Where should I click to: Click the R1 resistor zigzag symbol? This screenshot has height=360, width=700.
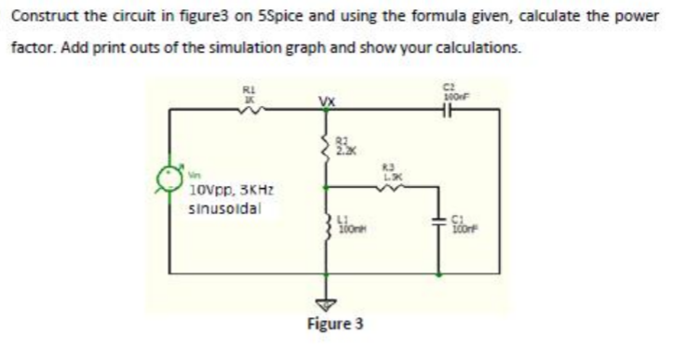point(250,110)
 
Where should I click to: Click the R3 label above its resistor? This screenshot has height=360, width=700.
point(393,168)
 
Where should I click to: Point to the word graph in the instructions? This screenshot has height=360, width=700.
point(265,46)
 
